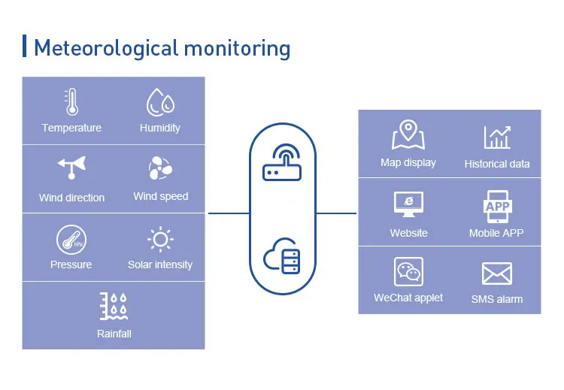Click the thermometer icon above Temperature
(x=71, y=101)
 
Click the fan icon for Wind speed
(x=160, y=168)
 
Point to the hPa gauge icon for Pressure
(x=71, y=240)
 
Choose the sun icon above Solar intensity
(x=160, y=240)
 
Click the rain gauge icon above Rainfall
(x=114, y=307)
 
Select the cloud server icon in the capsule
(x=282, y=256)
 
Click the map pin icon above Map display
(x=408, y=135)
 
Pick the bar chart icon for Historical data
(x=497, y=138)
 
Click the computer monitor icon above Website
(x=408, y=204)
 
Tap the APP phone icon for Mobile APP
(x=498, y=207)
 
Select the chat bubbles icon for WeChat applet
(x=408, y=272)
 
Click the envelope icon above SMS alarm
(x=497, y=274)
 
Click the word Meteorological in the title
(x=106, y=48)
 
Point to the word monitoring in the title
(x=237, y=49)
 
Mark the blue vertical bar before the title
(x=25, y=46)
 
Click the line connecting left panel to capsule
(x=229, y=213)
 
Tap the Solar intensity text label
(x=160, y=265)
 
